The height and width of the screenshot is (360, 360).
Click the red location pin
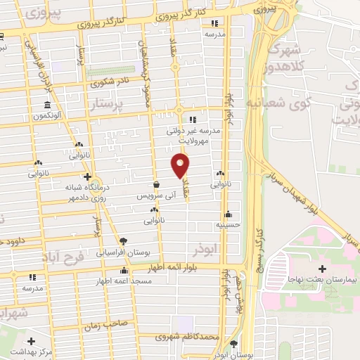(181, 166)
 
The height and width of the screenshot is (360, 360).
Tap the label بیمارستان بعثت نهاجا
(323, 280)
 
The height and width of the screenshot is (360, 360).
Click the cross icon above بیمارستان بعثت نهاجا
(323, 269)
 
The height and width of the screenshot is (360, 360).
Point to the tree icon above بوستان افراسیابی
(124, 241)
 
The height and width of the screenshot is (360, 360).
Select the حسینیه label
(228, 225)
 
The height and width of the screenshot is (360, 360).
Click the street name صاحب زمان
(105, 327)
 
